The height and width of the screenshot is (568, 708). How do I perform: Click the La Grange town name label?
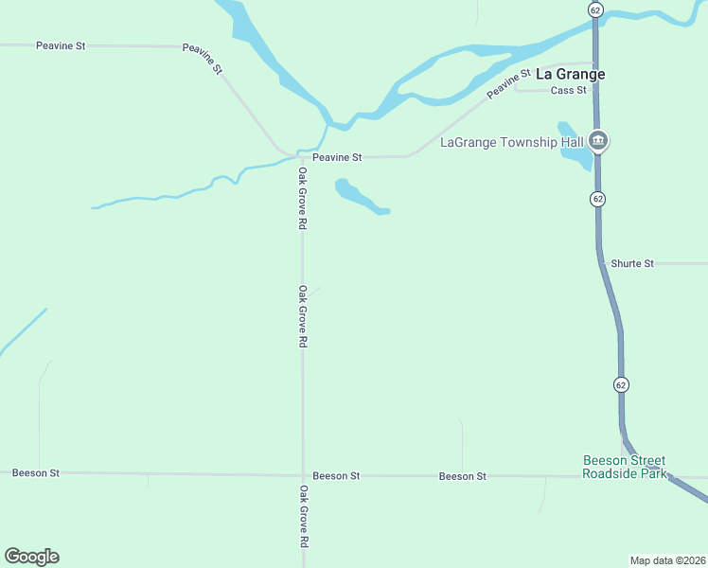coord(570,73)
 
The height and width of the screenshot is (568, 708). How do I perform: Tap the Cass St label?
coord(568,90)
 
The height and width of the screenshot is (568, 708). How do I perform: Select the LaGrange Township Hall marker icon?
coord(597,141)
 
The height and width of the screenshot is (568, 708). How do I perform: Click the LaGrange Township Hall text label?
coord(511,143)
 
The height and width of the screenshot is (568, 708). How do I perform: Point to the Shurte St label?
coord(632,263)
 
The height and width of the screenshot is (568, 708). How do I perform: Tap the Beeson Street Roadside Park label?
coord(624,467)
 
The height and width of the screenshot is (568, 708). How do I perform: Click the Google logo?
coord(31,556)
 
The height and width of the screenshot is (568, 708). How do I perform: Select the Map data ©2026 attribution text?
coord(667,560)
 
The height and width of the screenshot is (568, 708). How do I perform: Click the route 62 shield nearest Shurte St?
coord(596,199)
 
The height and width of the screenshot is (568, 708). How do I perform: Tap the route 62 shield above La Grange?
coord(594,9)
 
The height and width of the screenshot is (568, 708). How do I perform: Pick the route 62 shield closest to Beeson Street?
coord(620,384)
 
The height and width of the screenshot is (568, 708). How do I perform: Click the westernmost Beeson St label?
coord(36,472)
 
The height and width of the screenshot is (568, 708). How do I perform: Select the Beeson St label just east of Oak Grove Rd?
coord(336,476)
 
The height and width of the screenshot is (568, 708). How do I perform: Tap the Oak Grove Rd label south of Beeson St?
coord(304,517)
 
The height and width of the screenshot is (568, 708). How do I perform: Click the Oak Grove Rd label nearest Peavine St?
coord(302,199)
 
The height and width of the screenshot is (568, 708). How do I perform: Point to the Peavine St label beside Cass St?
coord(510,83)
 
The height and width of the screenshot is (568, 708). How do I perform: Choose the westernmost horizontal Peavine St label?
coord(61,45)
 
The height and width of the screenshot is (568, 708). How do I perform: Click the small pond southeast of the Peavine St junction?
coord(358,197)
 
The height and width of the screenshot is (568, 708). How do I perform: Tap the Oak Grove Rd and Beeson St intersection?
coord(303,475)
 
